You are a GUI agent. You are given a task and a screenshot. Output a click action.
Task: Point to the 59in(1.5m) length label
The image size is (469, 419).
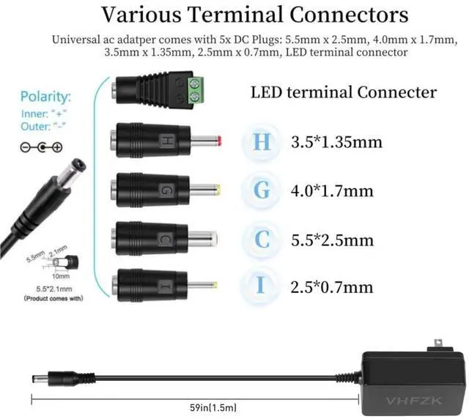213,406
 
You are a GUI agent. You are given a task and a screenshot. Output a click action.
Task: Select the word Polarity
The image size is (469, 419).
46,97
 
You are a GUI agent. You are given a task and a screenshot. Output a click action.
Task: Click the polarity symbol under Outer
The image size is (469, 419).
40,147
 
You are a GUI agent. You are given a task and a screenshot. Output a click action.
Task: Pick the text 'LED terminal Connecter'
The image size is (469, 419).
344,92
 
